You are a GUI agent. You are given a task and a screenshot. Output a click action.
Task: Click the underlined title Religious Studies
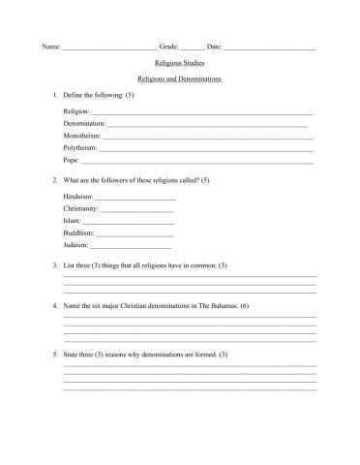180,62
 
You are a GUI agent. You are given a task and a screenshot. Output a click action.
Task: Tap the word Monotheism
81,137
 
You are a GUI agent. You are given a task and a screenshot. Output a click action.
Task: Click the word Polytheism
79,148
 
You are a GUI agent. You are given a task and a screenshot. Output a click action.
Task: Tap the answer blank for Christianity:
137,210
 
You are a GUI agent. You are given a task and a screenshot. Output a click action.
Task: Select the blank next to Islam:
130,223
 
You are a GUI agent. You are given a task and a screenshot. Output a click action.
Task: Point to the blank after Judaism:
130,247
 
